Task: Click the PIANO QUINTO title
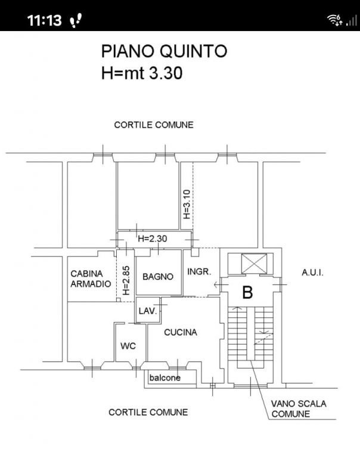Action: (x=164, y=51)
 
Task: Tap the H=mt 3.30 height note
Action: (x=142, y=73)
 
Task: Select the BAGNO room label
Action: (x=158, y=277)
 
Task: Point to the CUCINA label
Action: (x=181, y=332)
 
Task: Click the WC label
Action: (x=128, y=346)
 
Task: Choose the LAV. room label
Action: (x=148, y=311)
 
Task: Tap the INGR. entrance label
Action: (x=199, y=272)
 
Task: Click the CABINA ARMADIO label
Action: (x=91, y=278)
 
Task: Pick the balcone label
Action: (x=165, y=377)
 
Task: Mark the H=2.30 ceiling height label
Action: (x=153, y=239)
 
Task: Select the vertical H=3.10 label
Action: (x=187, y=204)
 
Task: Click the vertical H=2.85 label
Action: (x=126, y=280)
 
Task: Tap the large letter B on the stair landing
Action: (x=247, y=292)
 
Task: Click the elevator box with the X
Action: (x=255, y=264)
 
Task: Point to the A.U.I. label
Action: (x=312, y=273)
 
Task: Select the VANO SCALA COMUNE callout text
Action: (x=299, y=409)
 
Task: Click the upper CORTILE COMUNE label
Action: (x=154, y=125)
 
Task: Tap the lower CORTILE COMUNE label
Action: (x=148, y=412)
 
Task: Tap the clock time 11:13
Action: (x=44, y=20)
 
